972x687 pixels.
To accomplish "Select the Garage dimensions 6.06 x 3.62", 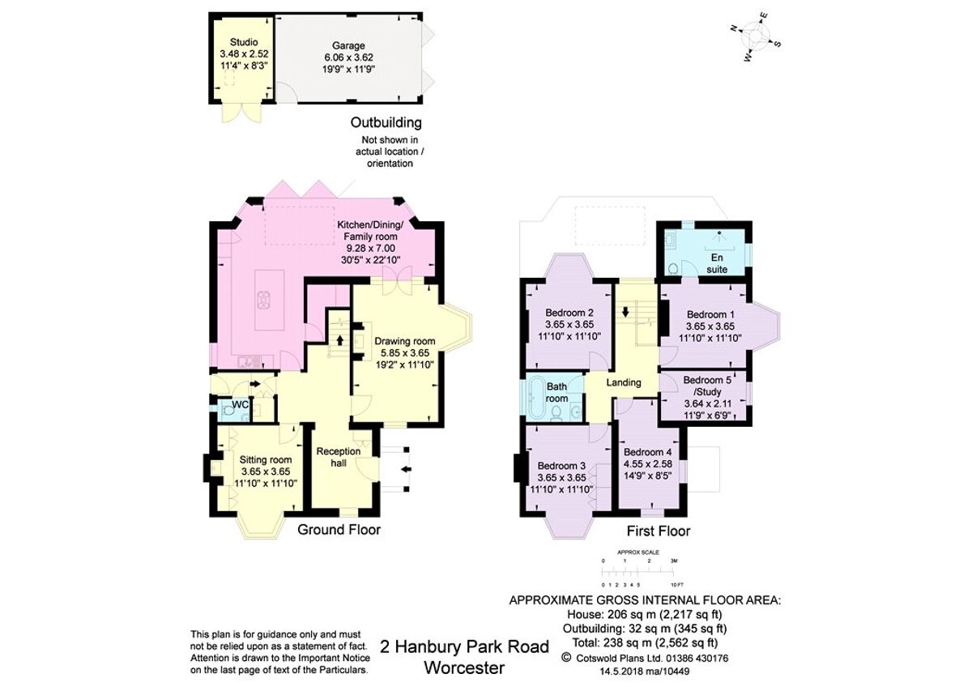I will tap(347, 58).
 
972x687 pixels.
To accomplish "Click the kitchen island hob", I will tap(264, 300).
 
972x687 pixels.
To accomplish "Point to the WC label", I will tap(240, 403).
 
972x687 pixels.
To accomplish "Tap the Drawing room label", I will tap(405, 341).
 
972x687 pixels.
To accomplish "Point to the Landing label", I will tap(624, 382).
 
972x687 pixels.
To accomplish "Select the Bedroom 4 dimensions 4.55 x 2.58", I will tap(648, 464).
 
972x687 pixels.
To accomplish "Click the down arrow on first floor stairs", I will tap(626, 310).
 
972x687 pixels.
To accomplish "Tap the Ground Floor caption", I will tap(339, 530).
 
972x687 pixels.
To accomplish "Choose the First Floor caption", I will tap(659, 531).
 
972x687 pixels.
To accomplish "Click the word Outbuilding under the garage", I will tap(386, 123).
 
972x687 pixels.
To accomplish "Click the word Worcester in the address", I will tap(464, 668).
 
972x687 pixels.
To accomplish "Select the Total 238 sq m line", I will tap(644, 641).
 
